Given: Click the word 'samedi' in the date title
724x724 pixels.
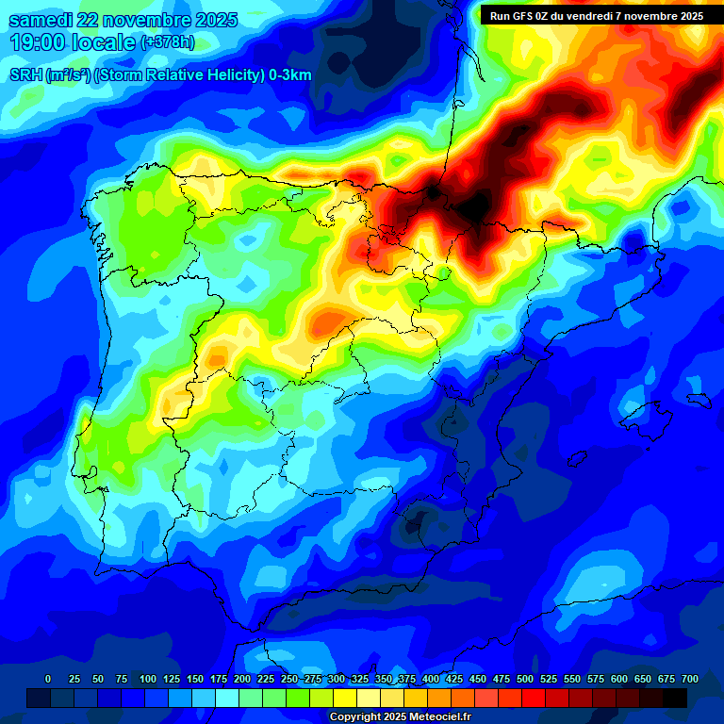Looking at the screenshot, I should [41, 20].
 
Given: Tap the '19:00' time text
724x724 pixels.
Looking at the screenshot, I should [35, 42].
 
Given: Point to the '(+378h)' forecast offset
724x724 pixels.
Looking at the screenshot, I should [167, 42].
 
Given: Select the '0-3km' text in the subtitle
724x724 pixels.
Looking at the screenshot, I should [289, 75].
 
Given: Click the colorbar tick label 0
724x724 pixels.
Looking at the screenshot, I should [48, 679].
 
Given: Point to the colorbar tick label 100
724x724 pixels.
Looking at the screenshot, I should [148, 679].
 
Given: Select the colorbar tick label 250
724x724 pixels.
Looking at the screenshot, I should [289, 679].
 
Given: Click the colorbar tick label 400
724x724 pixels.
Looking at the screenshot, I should [431, 679].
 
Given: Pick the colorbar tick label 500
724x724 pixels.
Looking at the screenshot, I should [525, 679].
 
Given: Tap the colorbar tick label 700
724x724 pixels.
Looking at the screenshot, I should [690, 679].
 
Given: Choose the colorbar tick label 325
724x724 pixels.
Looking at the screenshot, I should [360, 679].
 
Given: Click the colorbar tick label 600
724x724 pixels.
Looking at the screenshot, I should [619, 679].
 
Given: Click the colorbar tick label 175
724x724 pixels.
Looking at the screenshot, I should [219, 679].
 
